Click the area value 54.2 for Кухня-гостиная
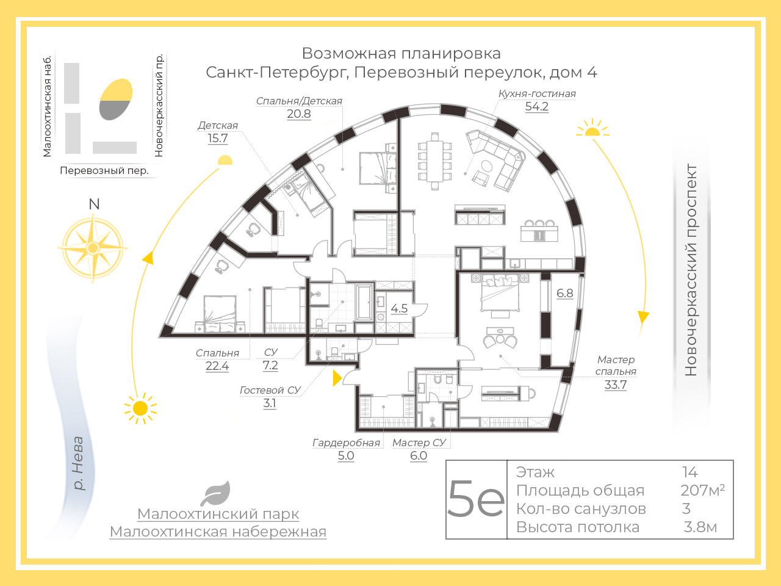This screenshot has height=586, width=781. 537,106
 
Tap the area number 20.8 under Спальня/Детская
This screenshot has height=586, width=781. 299,114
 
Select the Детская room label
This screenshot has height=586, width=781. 218,125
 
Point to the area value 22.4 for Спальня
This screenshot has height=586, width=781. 217,366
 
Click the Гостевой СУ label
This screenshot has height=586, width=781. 270,390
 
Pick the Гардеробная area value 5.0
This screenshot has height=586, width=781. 346,455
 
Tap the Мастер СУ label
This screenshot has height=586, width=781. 419,443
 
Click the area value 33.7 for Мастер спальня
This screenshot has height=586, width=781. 616,385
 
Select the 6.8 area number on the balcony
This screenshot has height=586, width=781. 564,293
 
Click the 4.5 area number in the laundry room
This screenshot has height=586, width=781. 399,308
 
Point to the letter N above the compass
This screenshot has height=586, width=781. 94,204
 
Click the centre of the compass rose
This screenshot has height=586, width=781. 93,248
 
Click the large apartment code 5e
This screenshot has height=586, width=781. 476,499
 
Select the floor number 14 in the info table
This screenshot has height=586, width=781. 690,472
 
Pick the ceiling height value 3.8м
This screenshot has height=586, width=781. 700,527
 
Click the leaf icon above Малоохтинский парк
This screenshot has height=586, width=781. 215,493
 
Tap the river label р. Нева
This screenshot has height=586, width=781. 78,463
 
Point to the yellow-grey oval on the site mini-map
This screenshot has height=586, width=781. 116,99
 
